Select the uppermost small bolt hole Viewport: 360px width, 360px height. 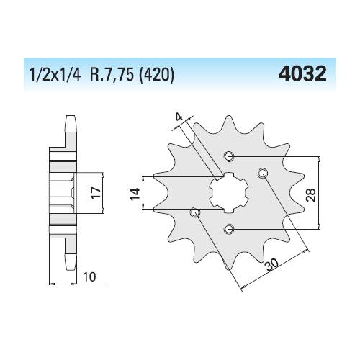click(x=229, y=156)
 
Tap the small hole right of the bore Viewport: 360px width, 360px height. click(x=263, y=171)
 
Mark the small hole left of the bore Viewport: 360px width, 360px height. click(x=194, y=212)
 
